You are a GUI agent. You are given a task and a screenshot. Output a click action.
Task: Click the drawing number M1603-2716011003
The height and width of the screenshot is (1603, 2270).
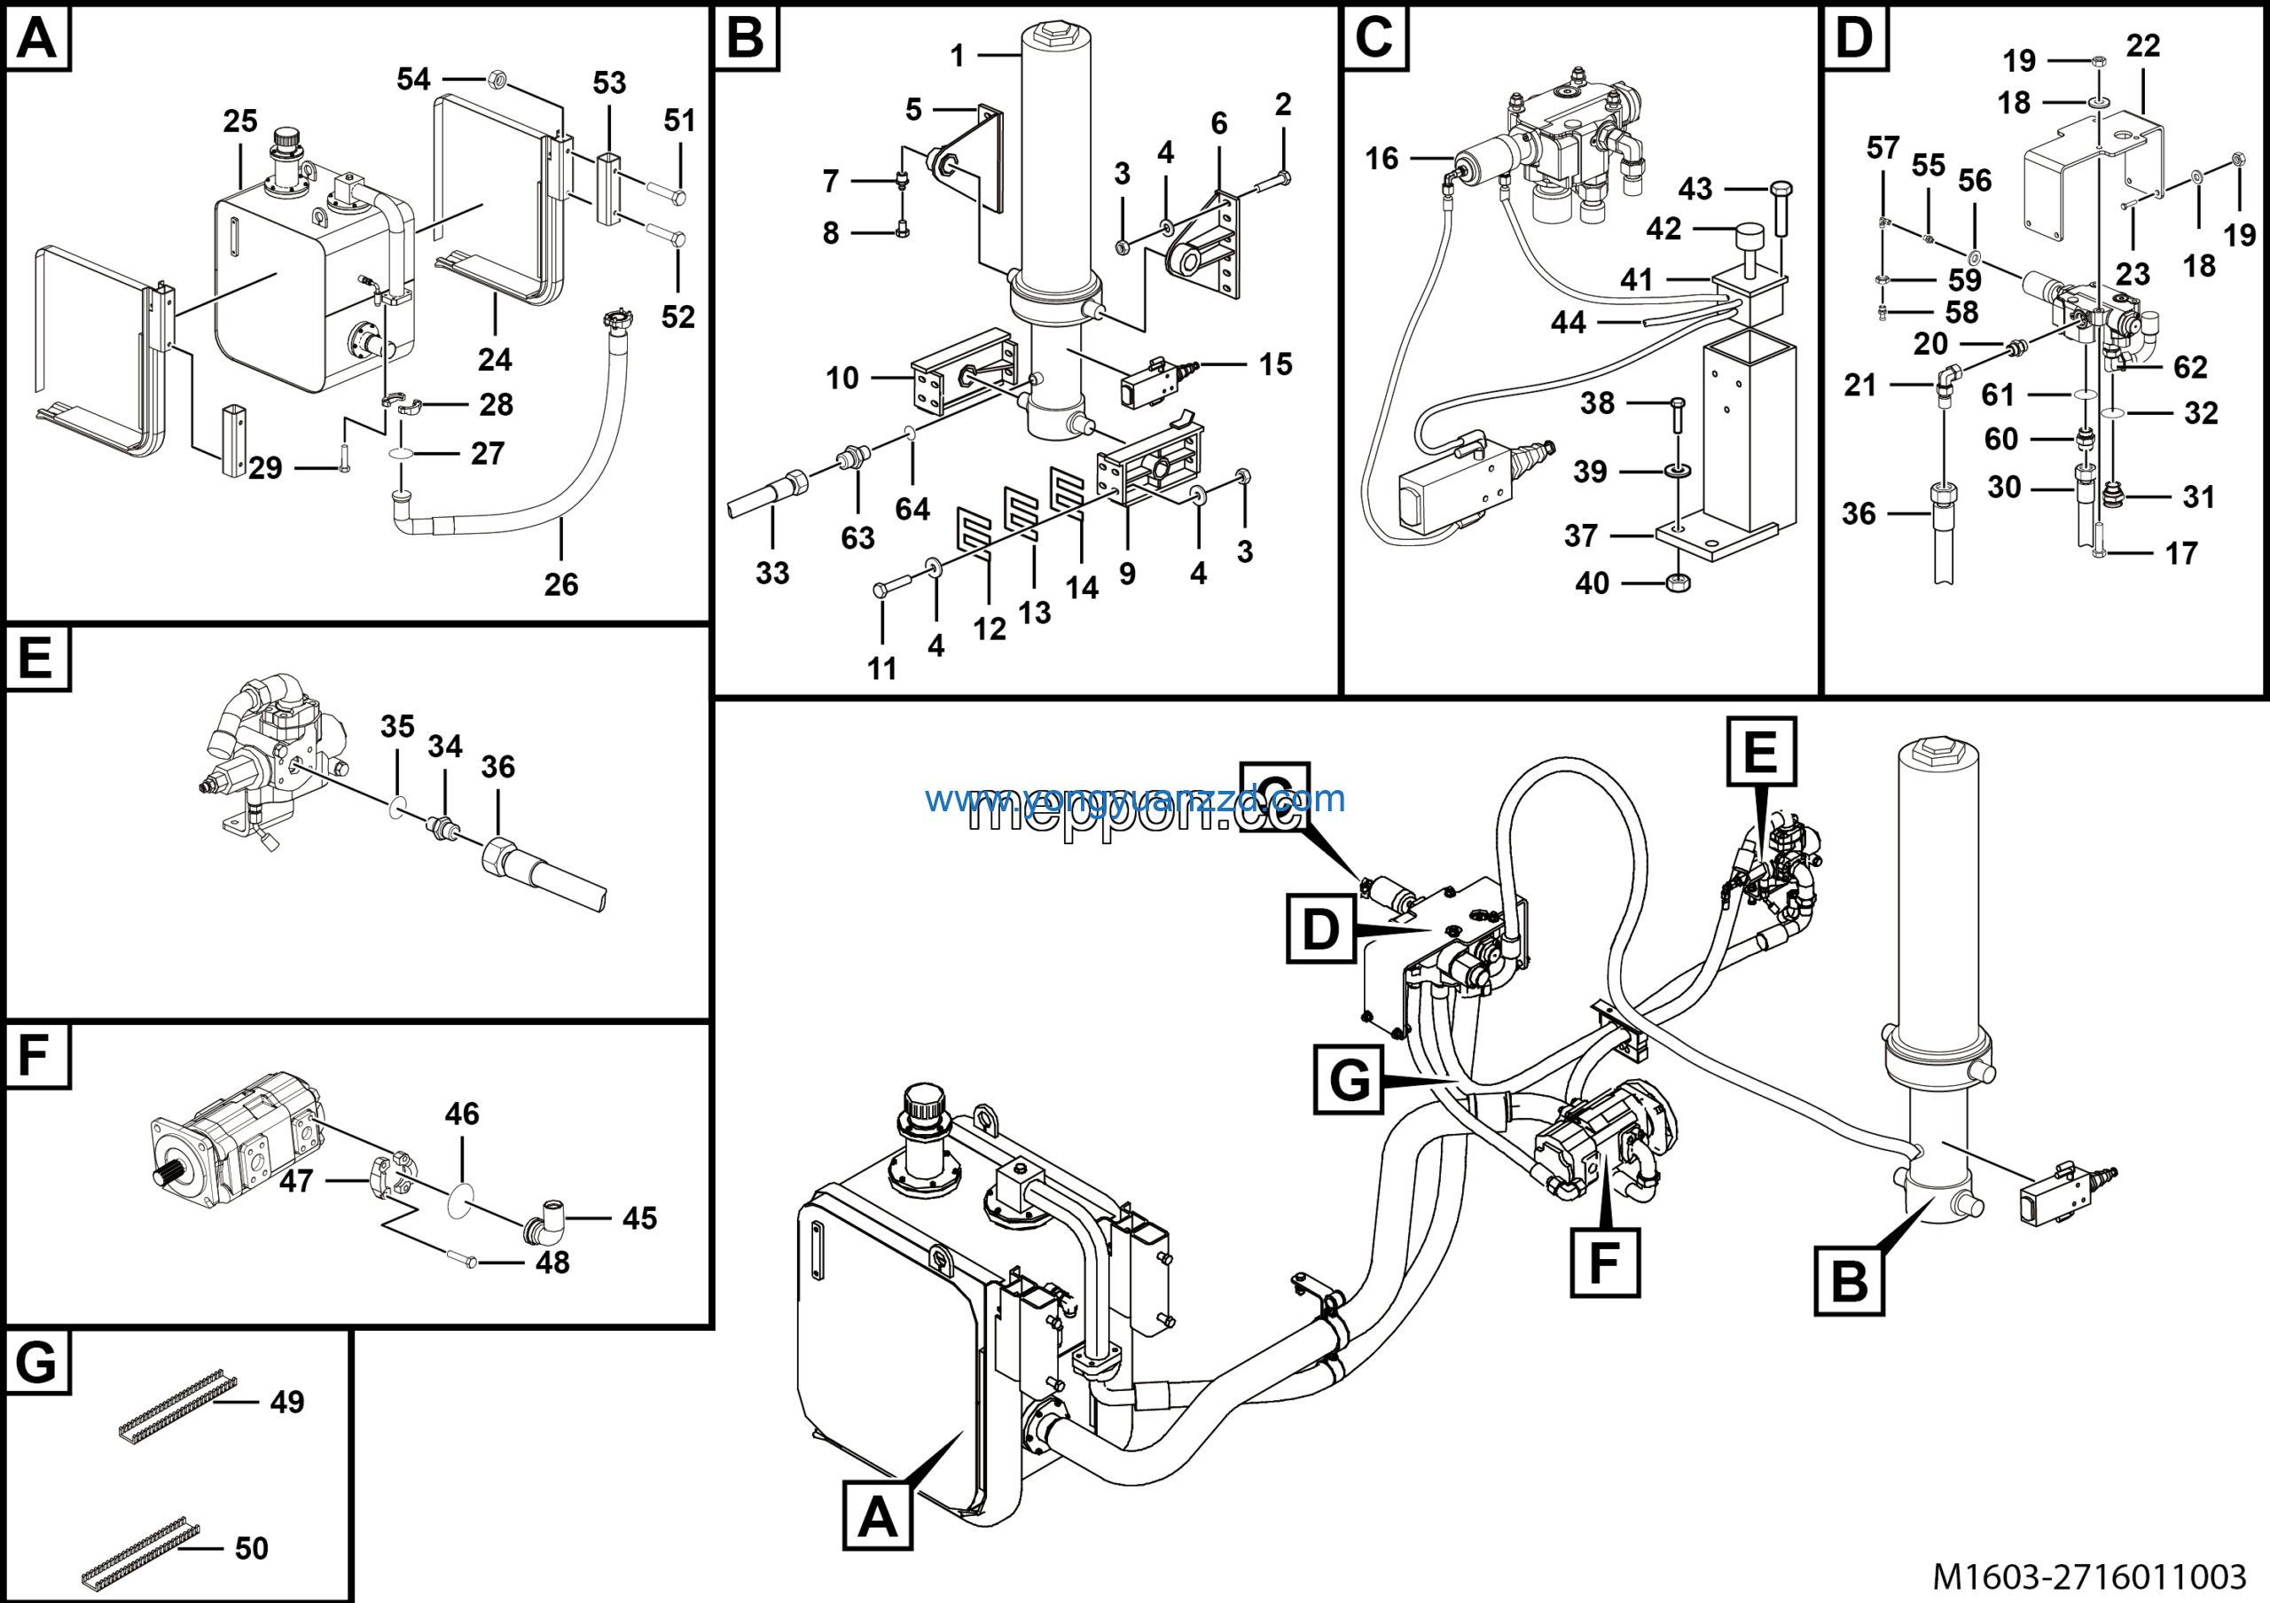click(x=2089, y=1576)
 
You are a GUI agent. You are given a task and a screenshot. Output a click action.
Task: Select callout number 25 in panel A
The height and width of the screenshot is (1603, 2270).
click(x=240, y=121)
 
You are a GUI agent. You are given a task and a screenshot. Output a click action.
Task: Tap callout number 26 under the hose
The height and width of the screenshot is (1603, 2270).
click(x=560, y=584)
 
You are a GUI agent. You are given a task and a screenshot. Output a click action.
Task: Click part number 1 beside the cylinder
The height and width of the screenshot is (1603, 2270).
click(x=957, y=55)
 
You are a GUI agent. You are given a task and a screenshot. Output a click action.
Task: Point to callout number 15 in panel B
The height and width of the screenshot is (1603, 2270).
click(x=1275, y=364)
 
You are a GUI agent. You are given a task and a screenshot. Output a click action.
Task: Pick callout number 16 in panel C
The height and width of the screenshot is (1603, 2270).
click(x=1382, y=158)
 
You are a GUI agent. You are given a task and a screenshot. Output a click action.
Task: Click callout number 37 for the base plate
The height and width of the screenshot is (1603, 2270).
click(x=1581, y=536)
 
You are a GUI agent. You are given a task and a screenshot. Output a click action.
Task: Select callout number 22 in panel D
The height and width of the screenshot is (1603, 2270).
click(x=2142, y=45)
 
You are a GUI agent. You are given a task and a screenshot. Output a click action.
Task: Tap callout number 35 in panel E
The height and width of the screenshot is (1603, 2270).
click(x=397, y=726)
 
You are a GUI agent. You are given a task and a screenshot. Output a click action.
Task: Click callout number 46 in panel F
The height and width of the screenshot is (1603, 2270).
click(x=462, y=1114)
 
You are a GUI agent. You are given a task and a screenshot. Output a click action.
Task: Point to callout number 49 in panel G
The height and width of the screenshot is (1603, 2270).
click(x=286, y=1402)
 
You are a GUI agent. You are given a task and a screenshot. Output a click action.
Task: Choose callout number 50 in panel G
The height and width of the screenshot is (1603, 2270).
click(x=251, y=1548)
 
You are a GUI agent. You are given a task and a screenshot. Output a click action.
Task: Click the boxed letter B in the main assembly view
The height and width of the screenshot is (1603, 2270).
click(x=1849, y=1281)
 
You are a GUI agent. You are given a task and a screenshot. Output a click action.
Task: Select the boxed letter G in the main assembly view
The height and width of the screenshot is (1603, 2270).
click(x=1349, y=1079)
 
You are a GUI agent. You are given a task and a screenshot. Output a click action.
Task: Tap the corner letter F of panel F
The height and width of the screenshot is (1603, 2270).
click(x=35, y=1055)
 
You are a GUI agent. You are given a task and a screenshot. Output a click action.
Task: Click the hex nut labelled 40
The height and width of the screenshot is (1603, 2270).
click(x=1677, y=583)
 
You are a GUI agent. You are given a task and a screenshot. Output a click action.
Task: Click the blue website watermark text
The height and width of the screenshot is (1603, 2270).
click(x=1135, y=798)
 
